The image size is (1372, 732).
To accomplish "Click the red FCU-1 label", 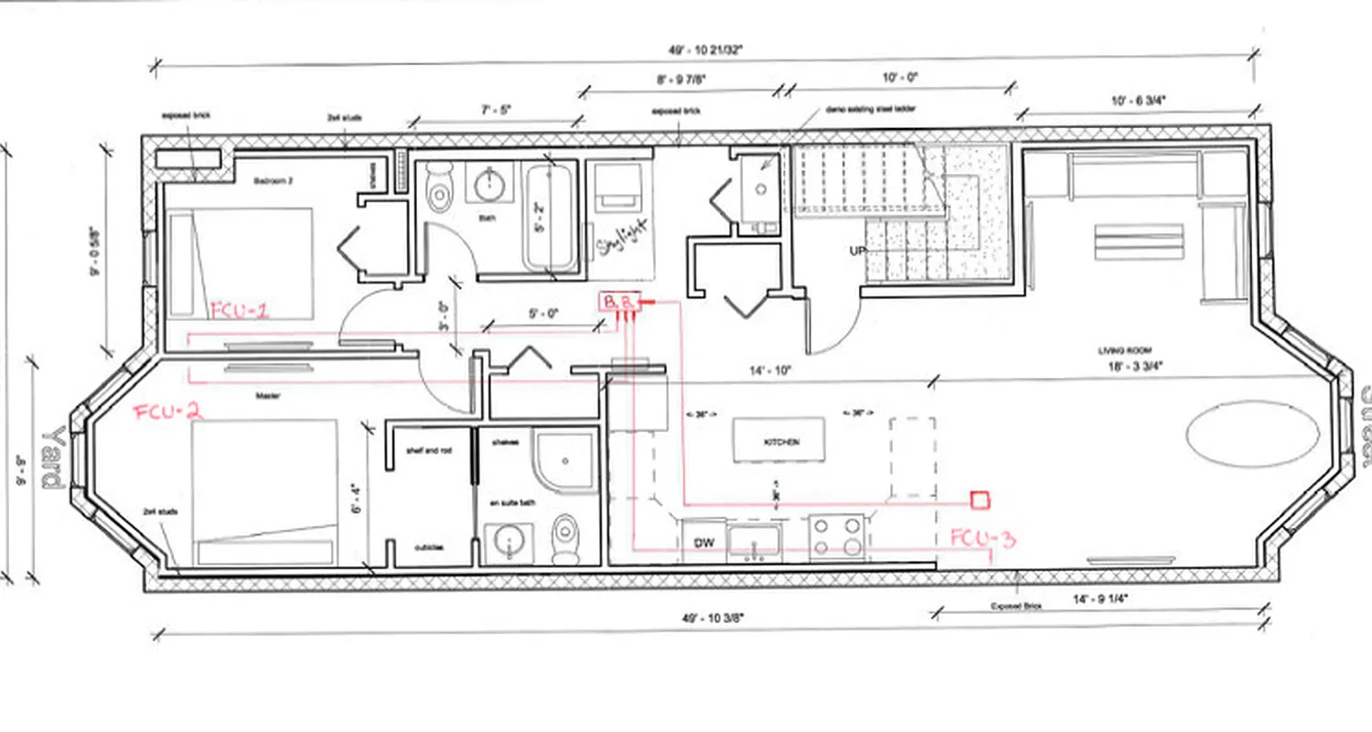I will tap(240, 310).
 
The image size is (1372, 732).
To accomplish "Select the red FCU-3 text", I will tap(982, 537).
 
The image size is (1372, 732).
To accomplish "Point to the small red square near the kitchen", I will tap(980, 500).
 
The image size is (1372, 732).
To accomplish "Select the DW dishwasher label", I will tap(703, 544).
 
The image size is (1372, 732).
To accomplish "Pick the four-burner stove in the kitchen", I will tap(837, 537).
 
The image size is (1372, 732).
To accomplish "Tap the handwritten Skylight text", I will tap(622, 235).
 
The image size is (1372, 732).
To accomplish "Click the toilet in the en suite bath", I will tap(566, 539).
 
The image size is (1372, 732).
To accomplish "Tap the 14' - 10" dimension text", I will tap(763, 371).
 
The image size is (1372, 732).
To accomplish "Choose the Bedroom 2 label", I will tap(278, 180).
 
